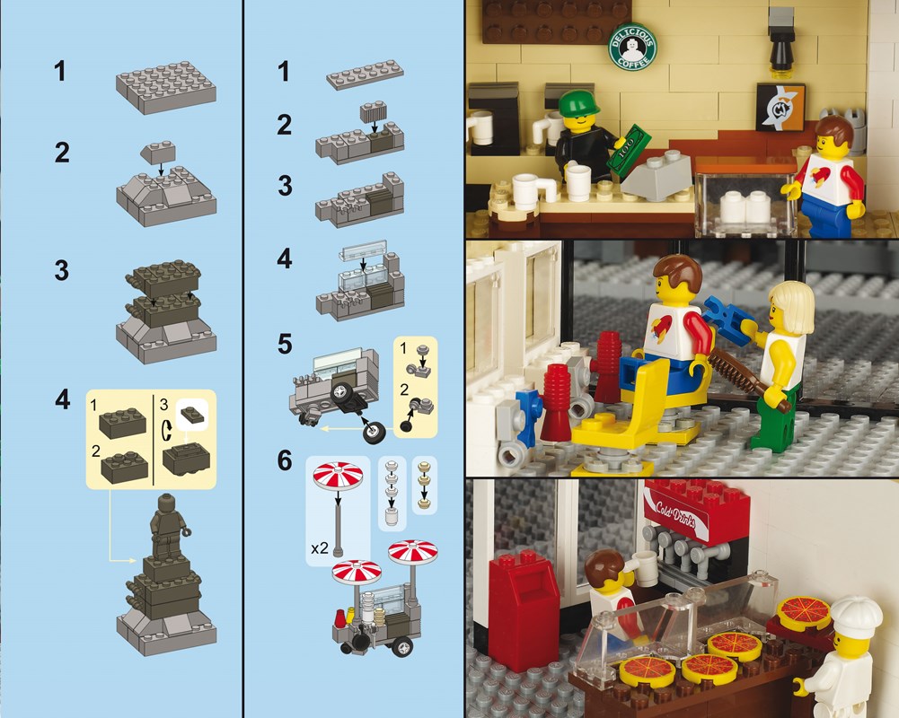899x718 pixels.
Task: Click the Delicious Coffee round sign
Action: (x=632, y=47)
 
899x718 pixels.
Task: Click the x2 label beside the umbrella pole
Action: (x=320, y=548)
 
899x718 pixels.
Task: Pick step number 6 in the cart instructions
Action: (x=285, y=460)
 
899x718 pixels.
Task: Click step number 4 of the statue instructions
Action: (x=62, y=399)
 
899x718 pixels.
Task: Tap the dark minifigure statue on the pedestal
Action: (x=167, y=526)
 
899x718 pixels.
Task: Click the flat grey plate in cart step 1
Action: (x=366, y=74)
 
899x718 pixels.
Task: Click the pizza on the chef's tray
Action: (x=803, y=610)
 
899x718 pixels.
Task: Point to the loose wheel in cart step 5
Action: (x=374, y=432)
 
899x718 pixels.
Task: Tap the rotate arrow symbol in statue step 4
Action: (x=167, y=431)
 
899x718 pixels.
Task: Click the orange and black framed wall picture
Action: (x=780, y=107)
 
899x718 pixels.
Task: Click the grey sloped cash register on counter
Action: (x=657, y=178)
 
